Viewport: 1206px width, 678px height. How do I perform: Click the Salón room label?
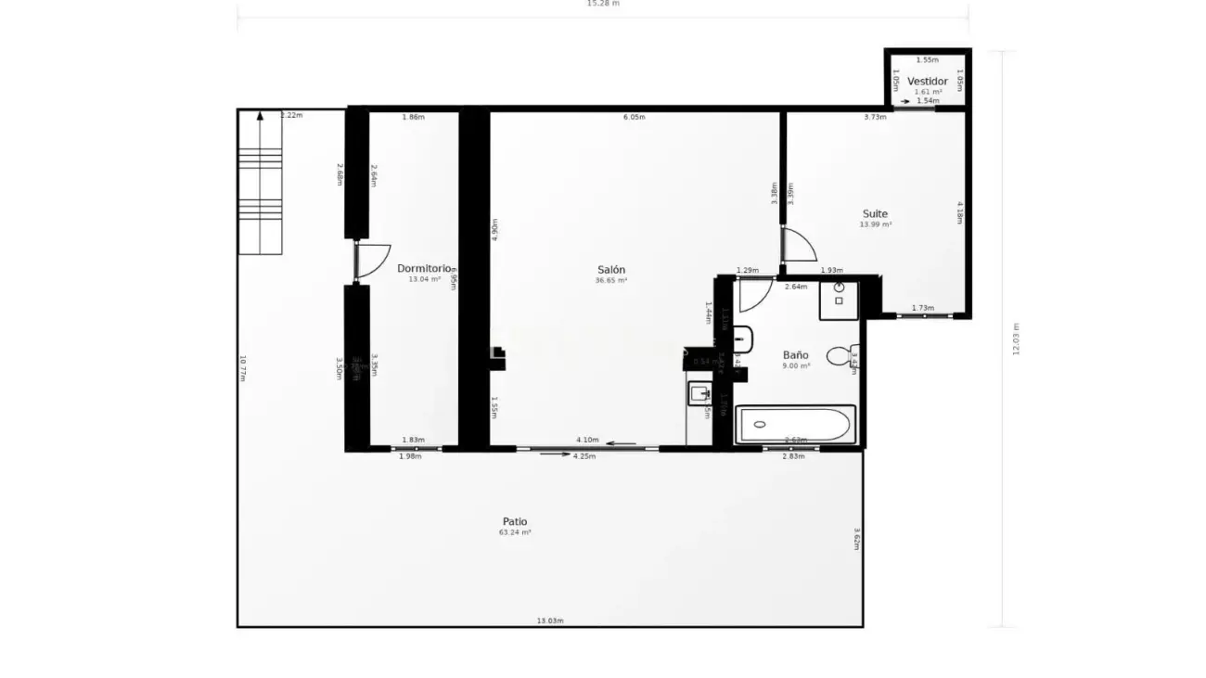click(x=611, y=270)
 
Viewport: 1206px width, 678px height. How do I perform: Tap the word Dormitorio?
click(x=424, y=268)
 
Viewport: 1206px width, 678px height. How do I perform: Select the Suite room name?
click(x=875, y=213)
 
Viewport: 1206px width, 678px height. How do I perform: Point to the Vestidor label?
click(x=928, y=82)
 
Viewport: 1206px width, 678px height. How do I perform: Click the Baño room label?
click(x=795, y=355)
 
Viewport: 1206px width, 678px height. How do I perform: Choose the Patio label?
click(x=515, y=521)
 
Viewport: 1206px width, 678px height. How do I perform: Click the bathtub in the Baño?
click(x=794, y=425)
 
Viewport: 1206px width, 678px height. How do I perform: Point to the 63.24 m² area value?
click(x=515, y=533)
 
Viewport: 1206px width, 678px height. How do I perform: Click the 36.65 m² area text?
click(x=611, y=280)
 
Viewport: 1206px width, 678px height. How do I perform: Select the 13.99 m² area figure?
click(x=875, y=224)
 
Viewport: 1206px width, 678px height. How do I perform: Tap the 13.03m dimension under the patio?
click(x=550, y=620)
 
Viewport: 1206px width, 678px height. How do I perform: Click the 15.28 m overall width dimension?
click(x=603, y=4)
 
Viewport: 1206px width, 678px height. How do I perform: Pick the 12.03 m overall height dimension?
click(x=1016, y=339)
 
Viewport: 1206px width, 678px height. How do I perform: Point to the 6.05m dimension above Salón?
click(x=635, y=117)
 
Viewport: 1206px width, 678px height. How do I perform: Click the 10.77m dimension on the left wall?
click(x=243, y=368)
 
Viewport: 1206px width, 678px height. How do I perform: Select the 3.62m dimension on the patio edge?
click(x=856, y=539)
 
